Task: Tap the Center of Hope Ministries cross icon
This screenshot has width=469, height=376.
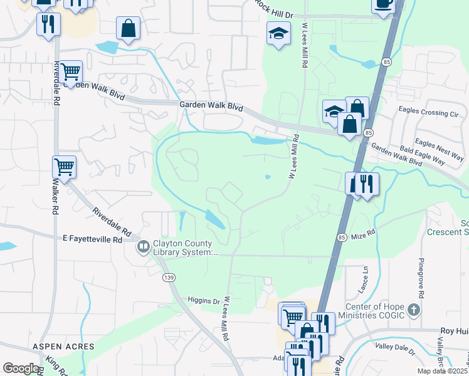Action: tap(413, 310)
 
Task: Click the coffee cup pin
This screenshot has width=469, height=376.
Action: tap(383, 4)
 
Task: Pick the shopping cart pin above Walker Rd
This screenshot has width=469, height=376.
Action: tap(64, 167)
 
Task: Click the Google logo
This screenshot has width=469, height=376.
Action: tap(21, 368)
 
